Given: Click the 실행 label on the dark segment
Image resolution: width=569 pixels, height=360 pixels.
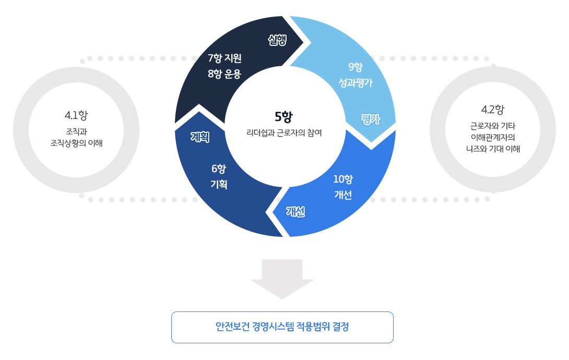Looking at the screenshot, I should pos(277,40).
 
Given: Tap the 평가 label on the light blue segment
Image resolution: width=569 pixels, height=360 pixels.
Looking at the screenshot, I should pos(370,119).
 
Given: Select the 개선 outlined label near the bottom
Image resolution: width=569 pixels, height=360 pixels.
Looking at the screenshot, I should pos(295,211).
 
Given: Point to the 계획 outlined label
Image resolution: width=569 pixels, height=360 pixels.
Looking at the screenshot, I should pos(200,137).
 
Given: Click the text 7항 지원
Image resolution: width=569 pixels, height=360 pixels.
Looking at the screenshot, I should pos(224,57).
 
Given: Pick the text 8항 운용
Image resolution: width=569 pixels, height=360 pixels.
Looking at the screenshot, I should pos(224,74).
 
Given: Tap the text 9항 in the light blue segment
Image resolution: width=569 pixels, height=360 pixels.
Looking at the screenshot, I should pos(355,66).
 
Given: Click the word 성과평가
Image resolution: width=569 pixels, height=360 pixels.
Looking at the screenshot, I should pos(355,82).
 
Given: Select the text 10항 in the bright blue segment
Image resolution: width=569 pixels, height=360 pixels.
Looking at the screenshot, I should pos(343,179).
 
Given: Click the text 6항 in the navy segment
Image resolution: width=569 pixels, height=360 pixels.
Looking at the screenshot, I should pos(218,169).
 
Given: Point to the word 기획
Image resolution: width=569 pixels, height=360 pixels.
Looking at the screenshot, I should pos(218,184).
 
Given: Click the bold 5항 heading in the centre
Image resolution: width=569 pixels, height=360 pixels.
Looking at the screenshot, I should pos(284,116).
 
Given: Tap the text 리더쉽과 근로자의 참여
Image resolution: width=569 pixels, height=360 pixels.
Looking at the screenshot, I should pos(284,133).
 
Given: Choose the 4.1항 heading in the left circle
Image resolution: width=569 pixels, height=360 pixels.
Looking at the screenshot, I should pos(76,115).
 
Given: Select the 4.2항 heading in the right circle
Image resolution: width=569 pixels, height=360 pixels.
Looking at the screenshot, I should pos(493,110).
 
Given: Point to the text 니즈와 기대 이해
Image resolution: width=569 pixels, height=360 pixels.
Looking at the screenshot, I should pos(493,149).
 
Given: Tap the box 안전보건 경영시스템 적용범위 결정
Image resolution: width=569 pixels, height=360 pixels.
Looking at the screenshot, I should pos(282,327).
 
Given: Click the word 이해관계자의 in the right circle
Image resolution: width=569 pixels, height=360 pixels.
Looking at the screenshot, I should pos(493,137).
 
